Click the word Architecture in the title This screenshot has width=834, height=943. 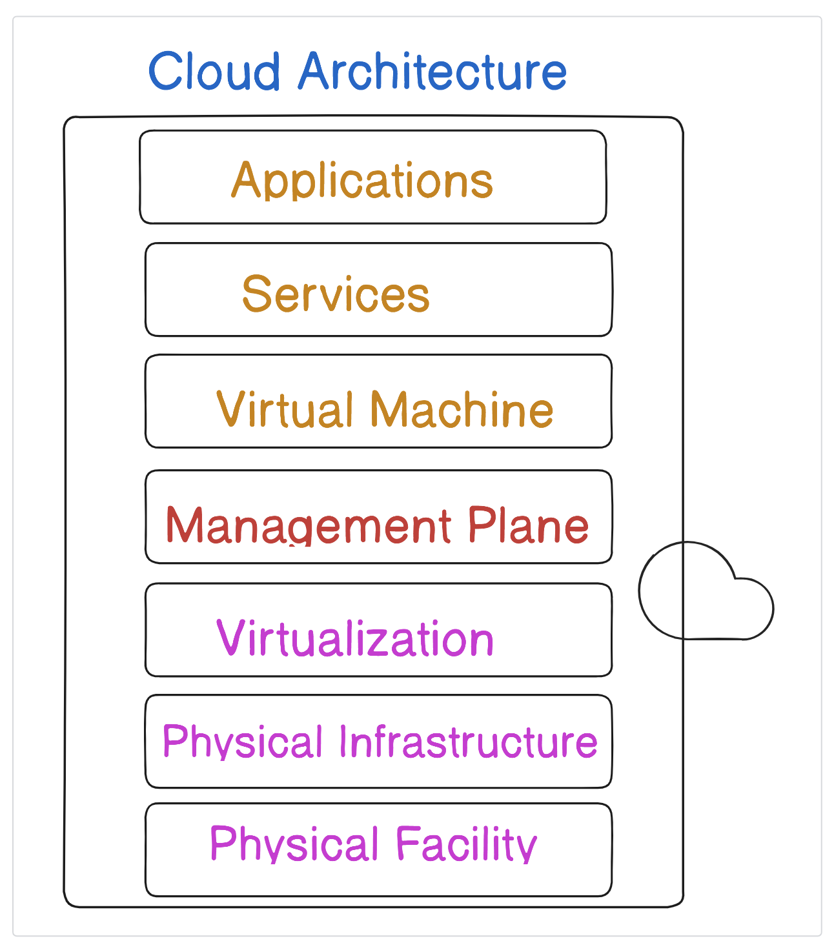pyautogui.click(x=432, y=71)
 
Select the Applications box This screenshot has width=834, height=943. pyautogui.click(x=372, y=177)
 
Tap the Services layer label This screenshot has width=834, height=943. pyautogui.click(x=336, y=294)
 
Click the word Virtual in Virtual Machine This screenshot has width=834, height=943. pyautogui.click(x=288, y=409)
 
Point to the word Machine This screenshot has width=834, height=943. pyautogui.click(x=462, y=409)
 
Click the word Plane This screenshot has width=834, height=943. pyautogui.click(x=528, y=525)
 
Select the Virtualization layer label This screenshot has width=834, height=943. pyautogui.click(x=355, y=638)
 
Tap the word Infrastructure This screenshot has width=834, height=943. pyautogui.click(x=468, y=741)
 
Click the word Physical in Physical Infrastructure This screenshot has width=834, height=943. pyautogui.click(x=242, y=741)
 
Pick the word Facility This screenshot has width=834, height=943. pyautogui.click(x=466, y=843)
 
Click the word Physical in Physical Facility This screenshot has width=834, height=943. pyautogui.click(x=294, y=843)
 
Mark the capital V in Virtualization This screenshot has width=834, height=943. pyautogui.click(x=230, y=637)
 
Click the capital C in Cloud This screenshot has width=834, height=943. pyautogui.click(x=166, y=71)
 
